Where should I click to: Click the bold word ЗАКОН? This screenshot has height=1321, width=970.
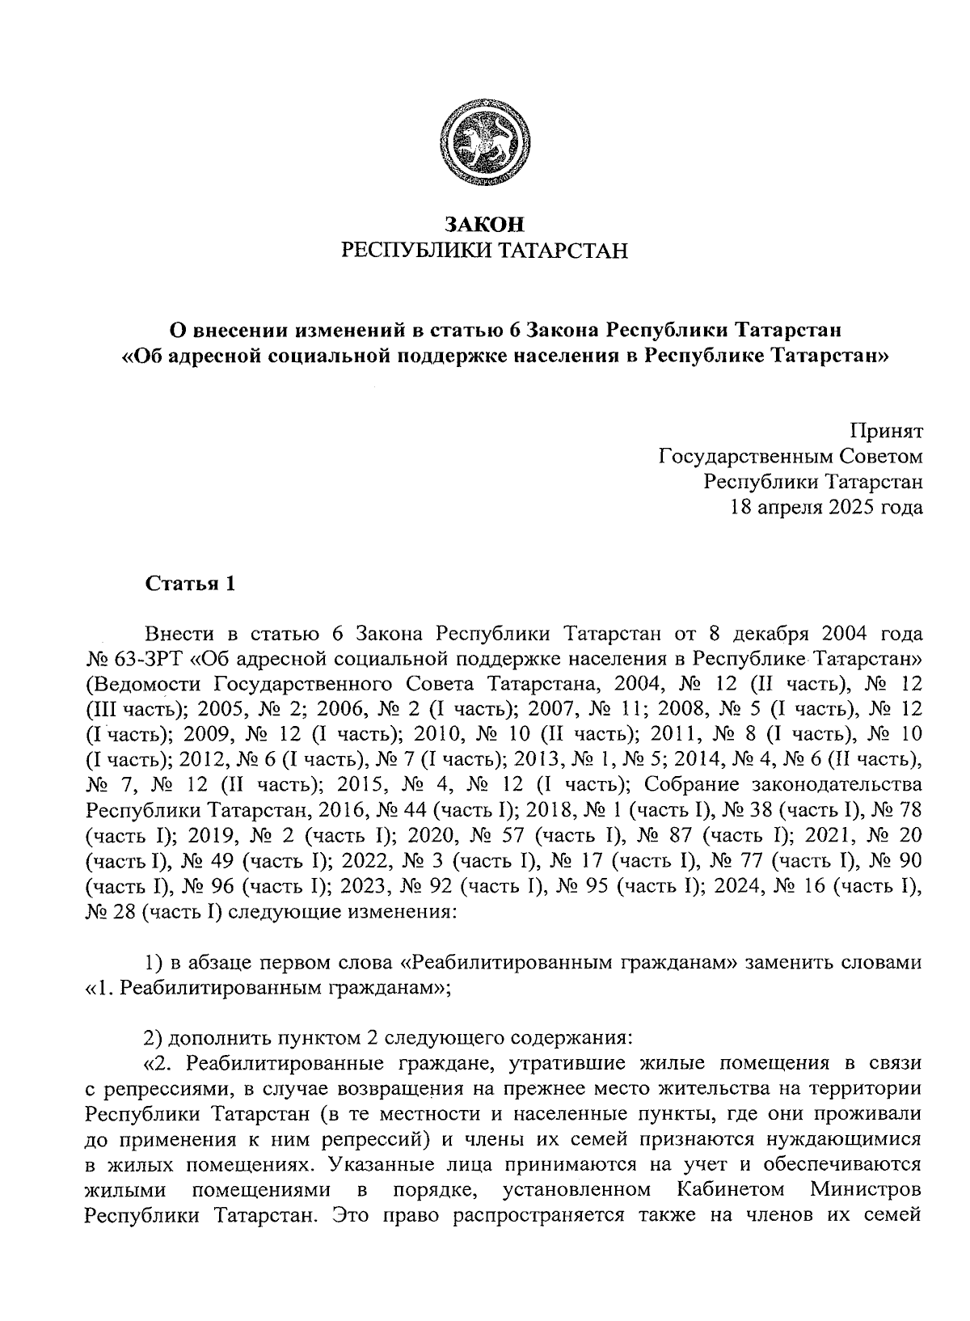(484, 224)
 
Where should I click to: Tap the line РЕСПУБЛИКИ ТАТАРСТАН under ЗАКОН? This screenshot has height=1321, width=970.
(484, 251)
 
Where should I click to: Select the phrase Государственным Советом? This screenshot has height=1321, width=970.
(791, 456)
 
